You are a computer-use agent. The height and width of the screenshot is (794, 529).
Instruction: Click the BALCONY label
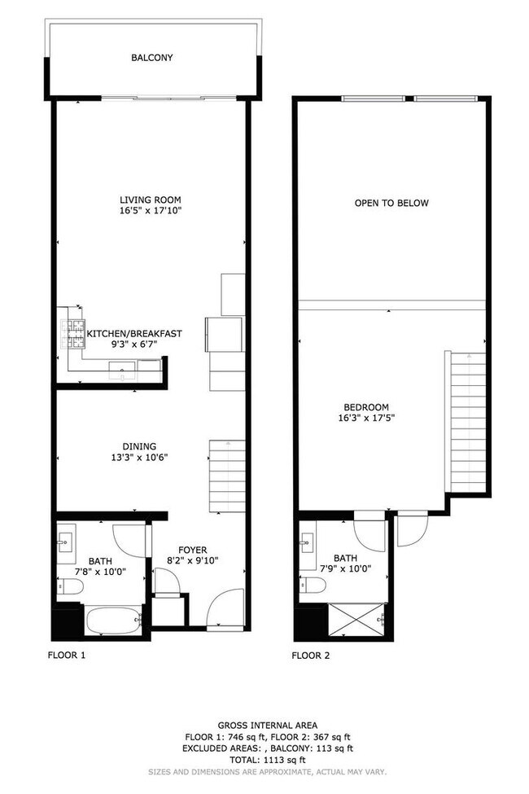tap(152, 58)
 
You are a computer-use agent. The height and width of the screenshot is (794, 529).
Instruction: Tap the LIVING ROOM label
tap(150, 200)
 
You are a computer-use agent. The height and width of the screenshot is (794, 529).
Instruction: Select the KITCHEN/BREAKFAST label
tap(134, 333)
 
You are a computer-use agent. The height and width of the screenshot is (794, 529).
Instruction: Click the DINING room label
tap(139, 446)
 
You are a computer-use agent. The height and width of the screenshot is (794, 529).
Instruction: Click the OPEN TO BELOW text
tap(391, 203)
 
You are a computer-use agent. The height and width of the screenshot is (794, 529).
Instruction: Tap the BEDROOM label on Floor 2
tap(365, 407)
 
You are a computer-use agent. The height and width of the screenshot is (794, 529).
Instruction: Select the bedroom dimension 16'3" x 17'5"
tap(365, 419)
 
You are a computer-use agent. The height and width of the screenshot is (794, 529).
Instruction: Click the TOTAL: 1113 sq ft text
tap(267, 759)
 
